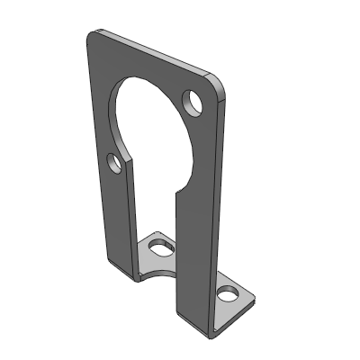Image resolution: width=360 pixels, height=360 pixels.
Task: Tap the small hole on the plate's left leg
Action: (x=114, y=163)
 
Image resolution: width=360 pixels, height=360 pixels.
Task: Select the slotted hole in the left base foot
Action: (x=160, y=244)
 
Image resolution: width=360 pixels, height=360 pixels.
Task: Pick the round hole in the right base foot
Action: (x=229, y=293)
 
